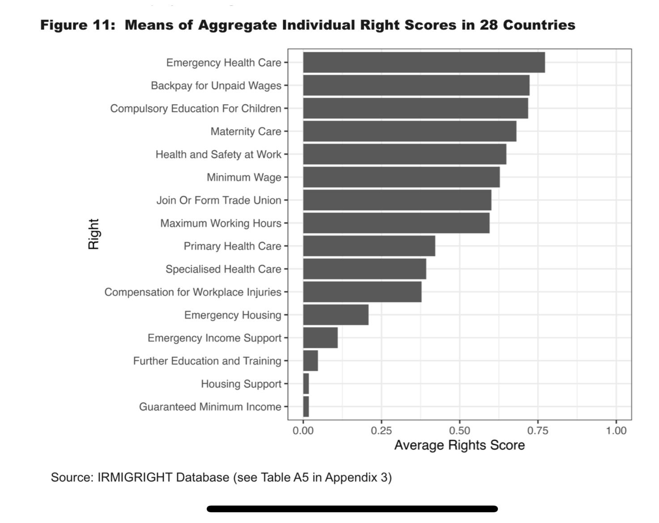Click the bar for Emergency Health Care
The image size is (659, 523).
[424, 62]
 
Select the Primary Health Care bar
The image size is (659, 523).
[369, 246]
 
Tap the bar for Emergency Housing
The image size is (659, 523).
[336, 315]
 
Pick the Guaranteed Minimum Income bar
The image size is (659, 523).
[306, 407]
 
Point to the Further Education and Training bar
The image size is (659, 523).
[310, 361]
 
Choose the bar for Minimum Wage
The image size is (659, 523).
[401, 177]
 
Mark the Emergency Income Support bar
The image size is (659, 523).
[320, 337]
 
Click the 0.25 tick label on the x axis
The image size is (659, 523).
[381, 431]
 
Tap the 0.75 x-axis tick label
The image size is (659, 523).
[538, 431]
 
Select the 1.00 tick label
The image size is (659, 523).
[616, 431]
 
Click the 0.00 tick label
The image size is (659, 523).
[303, 431]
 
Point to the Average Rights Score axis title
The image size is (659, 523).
[459, 445]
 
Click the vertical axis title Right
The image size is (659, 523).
[94, 234]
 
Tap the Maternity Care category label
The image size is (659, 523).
[246, 131]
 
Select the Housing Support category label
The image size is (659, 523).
[241, 384]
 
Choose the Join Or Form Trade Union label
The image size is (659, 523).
[219, 200]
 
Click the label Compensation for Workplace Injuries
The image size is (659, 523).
[193, 292]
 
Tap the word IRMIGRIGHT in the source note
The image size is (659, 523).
[135, 477]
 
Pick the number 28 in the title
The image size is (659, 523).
[489, 25]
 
